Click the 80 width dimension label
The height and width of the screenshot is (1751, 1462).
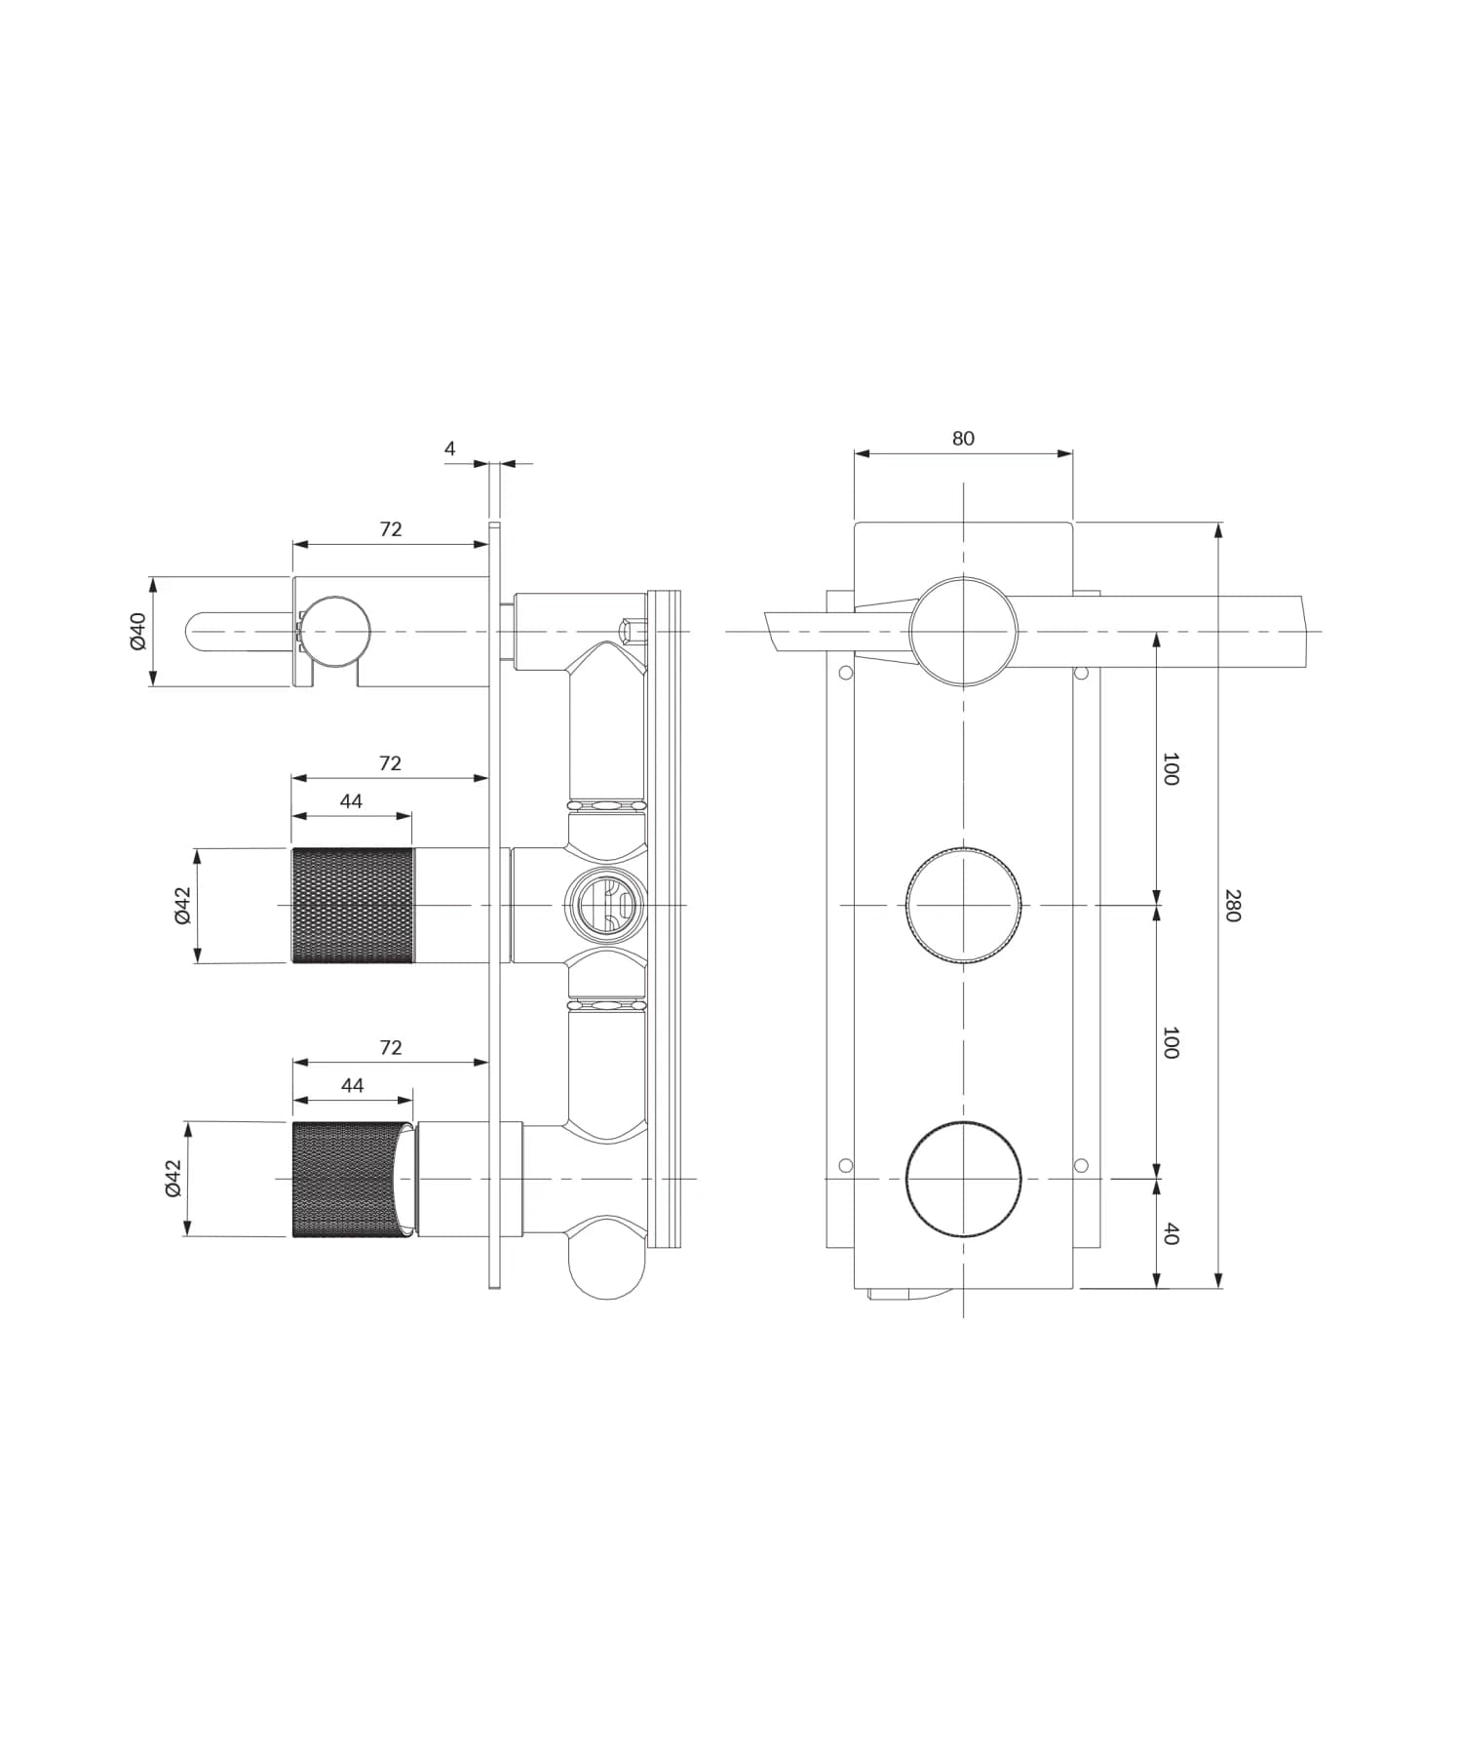pos(962,439)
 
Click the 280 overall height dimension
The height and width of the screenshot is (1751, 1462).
pos(1232,905)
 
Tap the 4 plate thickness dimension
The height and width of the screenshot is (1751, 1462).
pos(449,448)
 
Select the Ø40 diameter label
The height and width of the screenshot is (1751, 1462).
pos(137,631)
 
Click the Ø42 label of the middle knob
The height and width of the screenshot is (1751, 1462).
pos(183,905)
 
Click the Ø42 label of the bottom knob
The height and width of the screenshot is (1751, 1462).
pos(173,1178)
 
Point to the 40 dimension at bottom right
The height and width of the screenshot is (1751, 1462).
pos(1172,1233)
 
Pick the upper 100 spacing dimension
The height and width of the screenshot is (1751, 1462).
pos(1171,768)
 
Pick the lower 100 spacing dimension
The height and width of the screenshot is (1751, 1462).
pos(1171,1042)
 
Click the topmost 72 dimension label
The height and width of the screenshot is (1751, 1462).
pos(390,529)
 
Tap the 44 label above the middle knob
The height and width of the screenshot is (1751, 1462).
pos(351,801)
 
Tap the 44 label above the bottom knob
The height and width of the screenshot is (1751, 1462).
pos(352,1086)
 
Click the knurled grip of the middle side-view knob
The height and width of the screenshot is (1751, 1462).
pos(352,906)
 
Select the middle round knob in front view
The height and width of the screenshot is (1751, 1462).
pos(964,906)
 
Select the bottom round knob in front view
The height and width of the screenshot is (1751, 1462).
pos(964,1179)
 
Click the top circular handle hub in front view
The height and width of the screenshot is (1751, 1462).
pos(964,631)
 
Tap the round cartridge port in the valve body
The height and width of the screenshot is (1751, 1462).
pos(605,905)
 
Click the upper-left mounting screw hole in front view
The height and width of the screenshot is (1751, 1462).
pos(845,673)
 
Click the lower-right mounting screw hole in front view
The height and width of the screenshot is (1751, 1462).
pos(1080,1165)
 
